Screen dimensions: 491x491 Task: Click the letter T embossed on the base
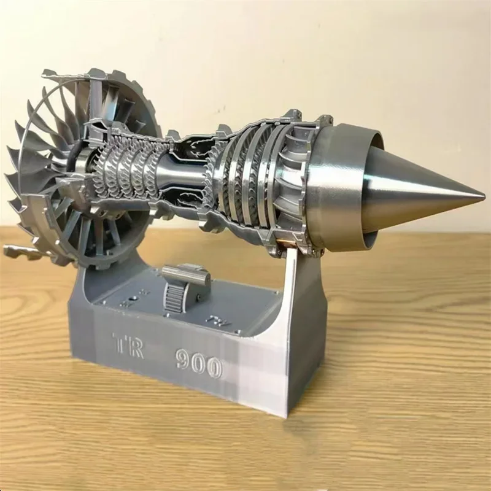pos(118,346)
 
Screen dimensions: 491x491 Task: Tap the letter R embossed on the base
pos(136,348)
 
